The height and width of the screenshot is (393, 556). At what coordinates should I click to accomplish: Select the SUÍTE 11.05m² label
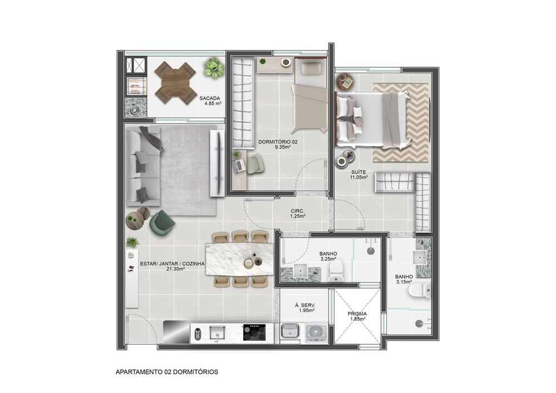point(359,175)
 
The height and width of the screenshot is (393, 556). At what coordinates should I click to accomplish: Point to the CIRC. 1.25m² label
point(297,213)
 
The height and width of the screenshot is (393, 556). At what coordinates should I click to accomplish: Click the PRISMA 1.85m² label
point(356,316)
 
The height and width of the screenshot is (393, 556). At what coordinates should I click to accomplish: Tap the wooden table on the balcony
point(175,82)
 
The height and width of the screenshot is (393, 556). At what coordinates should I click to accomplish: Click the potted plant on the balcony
point(214,68)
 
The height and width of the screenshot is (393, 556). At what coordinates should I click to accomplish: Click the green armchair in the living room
point(161,222)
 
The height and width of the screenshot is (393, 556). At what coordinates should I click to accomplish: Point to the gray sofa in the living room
point(143,165)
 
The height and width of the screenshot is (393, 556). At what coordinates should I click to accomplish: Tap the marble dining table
point(239,259)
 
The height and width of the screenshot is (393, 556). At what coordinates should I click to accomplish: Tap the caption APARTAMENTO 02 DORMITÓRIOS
point(167,371)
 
